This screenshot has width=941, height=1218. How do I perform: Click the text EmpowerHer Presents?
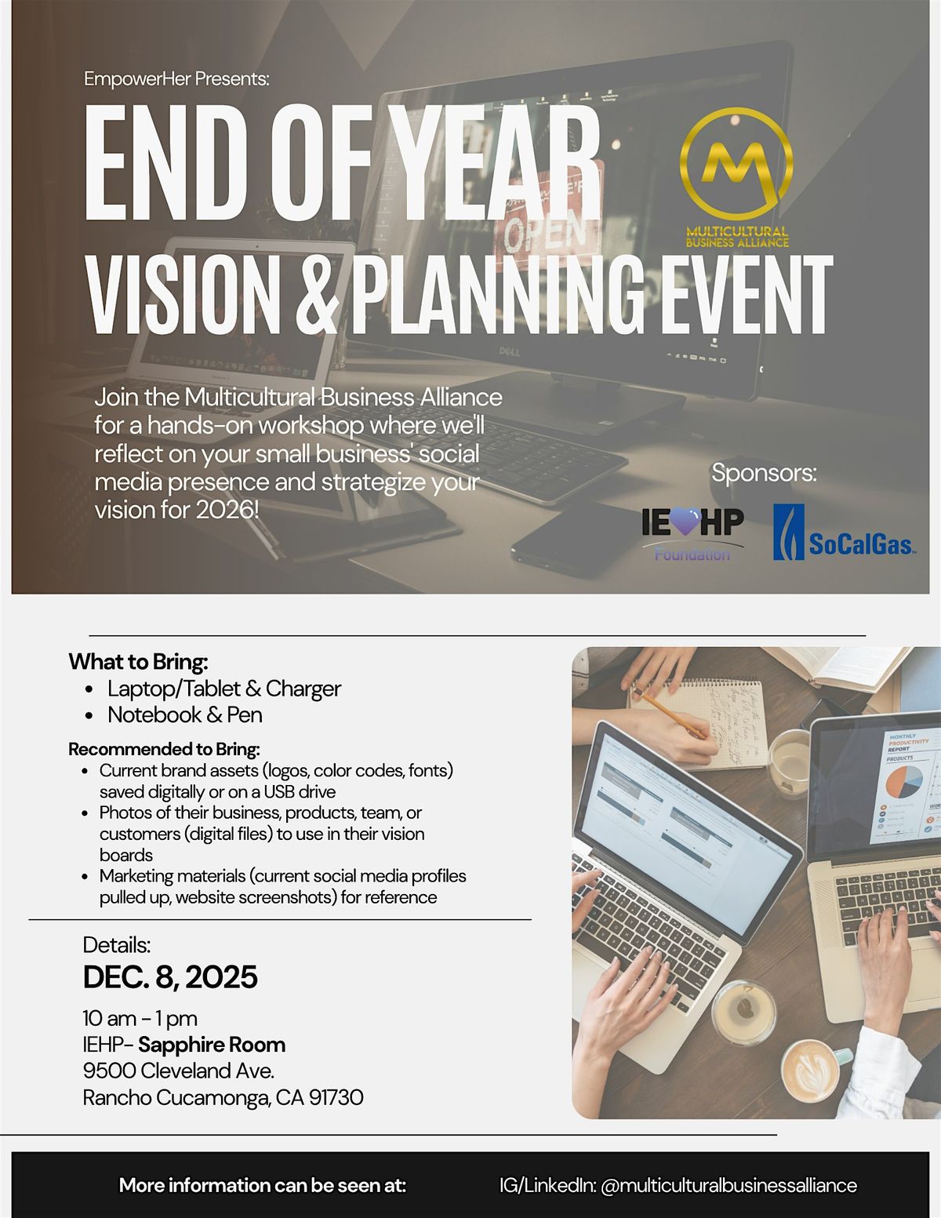point(176,79)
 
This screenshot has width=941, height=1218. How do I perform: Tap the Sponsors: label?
point(764,473)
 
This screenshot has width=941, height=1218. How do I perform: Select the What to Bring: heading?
point(138,662)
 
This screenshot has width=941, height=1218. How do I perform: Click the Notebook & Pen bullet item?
point(184,714)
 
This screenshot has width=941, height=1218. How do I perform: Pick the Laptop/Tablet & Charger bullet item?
point(223,689)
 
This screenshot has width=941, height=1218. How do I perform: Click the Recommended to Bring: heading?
point(164,749)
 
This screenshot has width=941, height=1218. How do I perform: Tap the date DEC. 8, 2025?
point(170,977)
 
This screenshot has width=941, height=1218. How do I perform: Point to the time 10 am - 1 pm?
point(140,1018)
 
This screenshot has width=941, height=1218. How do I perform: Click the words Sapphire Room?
point(212,1045)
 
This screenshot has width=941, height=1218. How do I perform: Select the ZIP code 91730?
point(336,1097)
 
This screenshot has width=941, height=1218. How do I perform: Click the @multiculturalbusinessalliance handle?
point(728,1185)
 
